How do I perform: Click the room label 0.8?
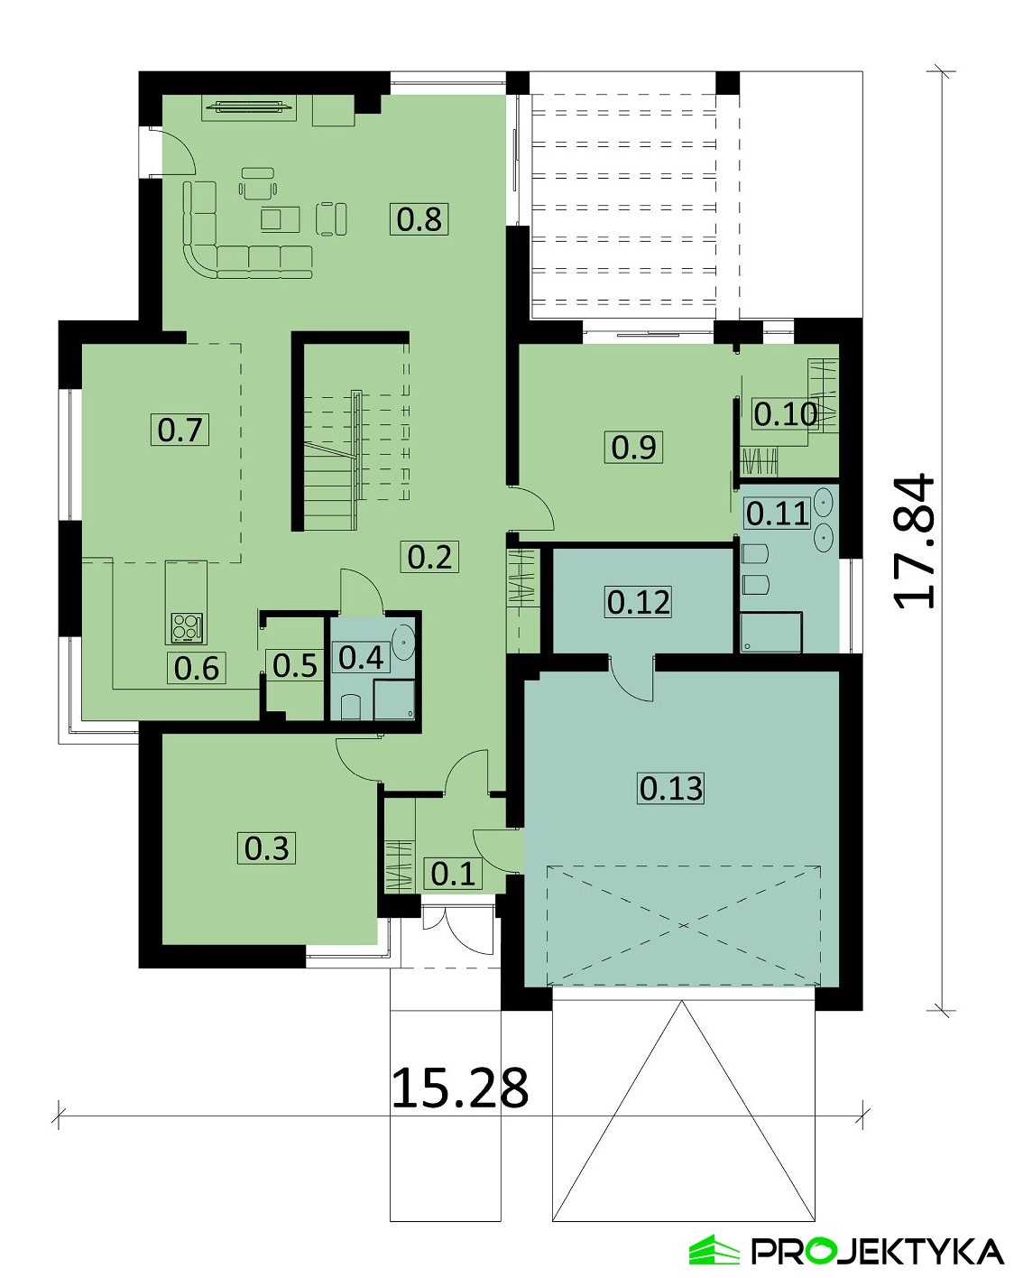[x=419, y=219]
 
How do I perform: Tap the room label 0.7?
[x=180, y=430]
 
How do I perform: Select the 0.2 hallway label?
[x=429, y=557]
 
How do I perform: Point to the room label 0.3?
[x=266, y=848]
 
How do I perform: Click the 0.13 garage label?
[x=671, y=788]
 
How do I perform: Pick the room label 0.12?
[x=639, y=602]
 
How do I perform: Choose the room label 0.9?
[x=633, y=447]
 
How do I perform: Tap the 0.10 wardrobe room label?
[x=785, y=414]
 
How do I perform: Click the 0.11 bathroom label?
[x=778, y=514]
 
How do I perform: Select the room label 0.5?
[x=294, y=665]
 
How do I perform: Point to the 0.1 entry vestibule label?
[x=453, y=874]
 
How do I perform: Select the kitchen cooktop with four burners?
[x=187, y=627]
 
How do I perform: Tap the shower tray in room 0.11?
[x=771, y=632]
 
